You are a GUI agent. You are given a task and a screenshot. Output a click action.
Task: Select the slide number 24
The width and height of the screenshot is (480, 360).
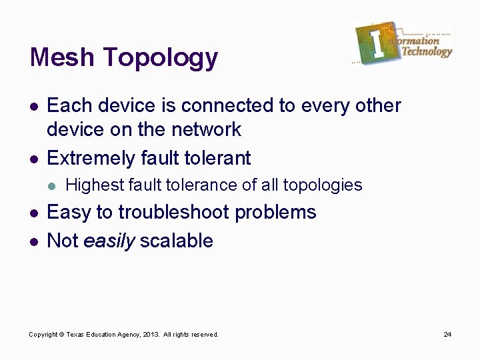click(447, 334)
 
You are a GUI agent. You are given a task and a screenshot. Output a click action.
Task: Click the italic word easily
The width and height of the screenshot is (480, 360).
click(109, 241)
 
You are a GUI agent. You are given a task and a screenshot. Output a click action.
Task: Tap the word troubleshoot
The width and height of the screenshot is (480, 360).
click(175, 213)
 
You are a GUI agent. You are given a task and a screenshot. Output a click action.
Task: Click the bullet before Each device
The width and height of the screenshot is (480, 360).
click(33, 106)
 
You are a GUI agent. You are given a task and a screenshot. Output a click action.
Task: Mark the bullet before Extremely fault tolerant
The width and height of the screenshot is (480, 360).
click(33, 159)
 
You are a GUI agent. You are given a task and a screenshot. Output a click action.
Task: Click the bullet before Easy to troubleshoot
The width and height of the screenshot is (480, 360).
click(33, 213)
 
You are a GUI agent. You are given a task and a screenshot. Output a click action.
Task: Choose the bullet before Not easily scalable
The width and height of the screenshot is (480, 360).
click(33, 241)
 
